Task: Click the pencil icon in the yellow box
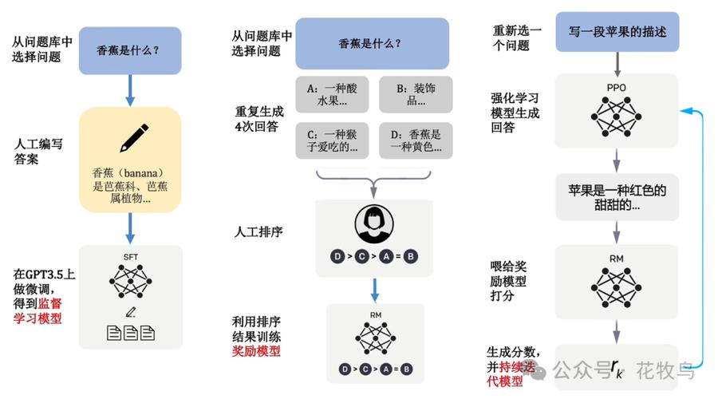[x=134, y=137]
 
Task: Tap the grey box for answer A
[x=332, y=94]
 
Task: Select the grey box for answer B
[x=416, y=94]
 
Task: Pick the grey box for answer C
[x=332, y=140]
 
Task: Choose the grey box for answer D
[x=416, y=140]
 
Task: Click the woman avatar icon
[x=374, y=224]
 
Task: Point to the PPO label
[x=617, y=88]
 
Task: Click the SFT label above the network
[x=131, y=257]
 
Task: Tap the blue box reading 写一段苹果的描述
[x=617, y=32]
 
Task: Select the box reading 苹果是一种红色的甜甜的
[x=617, y=197]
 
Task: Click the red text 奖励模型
[x=256, y=351]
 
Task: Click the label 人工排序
[x=258, y=231]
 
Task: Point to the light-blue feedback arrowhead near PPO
[x=685, y=110]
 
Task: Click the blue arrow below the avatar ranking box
[x=375, y=290]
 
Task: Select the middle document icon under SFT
[x=131, y=333]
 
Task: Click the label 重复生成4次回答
[x=259, y=119]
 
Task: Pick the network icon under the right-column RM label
[x=617, y=288]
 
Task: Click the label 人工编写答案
[x=38, y=152]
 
